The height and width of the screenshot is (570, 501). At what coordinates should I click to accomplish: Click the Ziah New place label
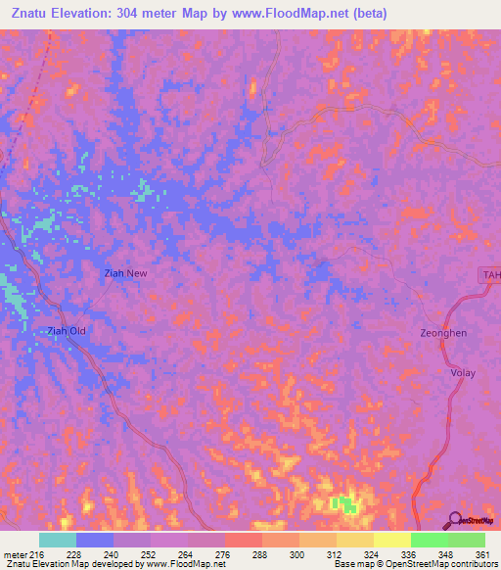click(125, 273)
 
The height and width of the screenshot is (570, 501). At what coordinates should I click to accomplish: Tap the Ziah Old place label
click(67, 331)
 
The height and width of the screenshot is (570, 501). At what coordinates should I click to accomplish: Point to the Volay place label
click(462, 373)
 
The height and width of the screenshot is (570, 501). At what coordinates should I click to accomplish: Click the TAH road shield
click(490, 276)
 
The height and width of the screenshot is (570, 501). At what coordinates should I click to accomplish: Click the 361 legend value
click(483, 554)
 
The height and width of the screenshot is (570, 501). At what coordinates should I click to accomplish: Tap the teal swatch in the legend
click(58, 540)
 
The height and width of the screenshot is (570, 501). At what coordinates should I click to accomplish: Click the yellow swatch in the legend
click(391, 540)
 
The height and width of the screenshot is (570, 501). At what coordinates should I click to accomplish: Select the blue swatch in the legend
click(95, 540)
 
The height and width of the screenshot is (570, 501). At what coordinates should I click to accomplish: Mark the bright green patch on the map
click(343, 504)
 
